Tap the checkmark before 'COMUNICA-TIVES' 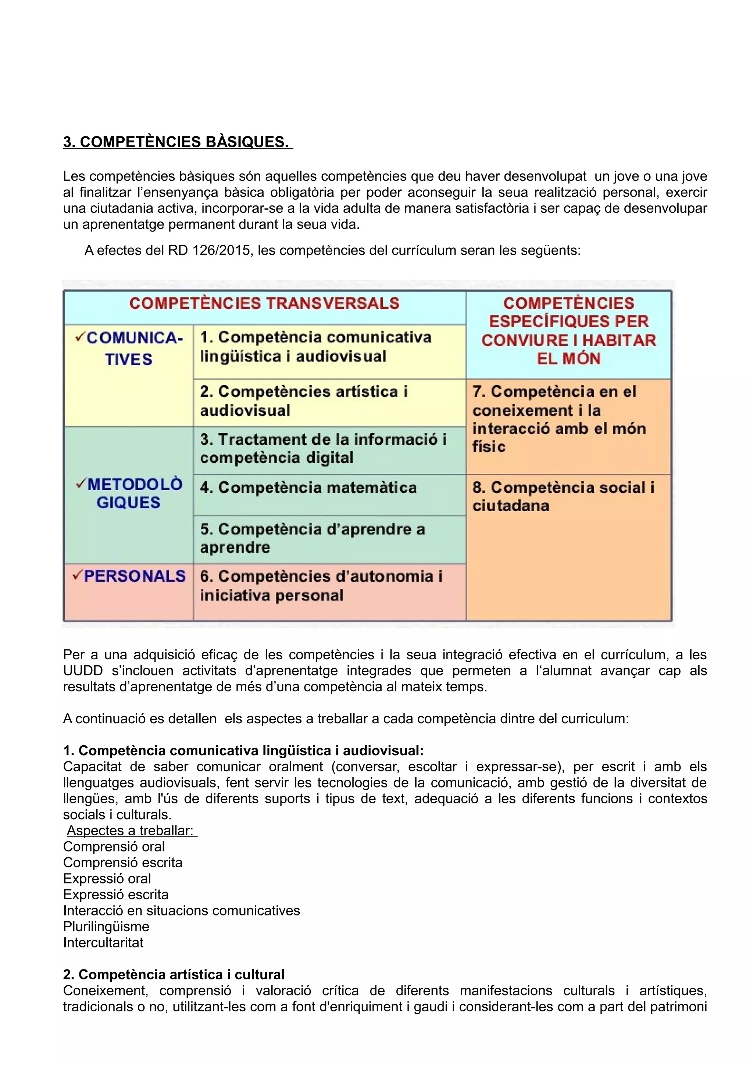pyautogui.click(x=80, y=337)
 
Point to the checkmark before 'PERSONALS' pyautogui.click(x=77, y=575)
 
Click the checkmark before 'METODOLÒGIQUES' pyautogui.click(x=80, y=484)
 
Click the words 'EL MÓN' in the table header pyautogui.click(x=568, y=359)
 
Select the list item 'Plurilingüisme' pyautogui.click(x=106, y=926)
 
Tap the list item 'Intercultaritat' pyautogui.click(x=103, y=942)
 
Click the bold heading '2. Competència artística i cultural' pyautogui.click(x=174, y=974)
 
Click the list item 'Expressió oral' pyautogui.click(x=107, y=879)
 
